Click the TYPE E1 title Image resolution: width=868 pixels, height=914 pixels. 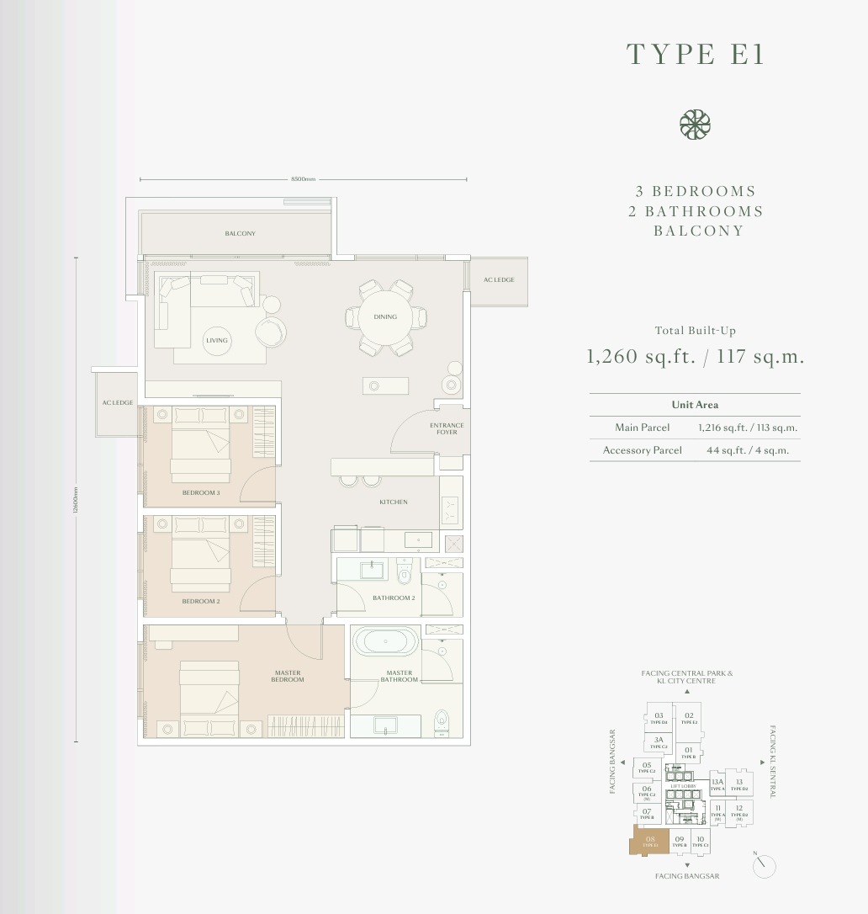click(696, 54)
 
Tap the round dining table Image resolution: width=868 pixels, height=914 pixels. click(385, 317)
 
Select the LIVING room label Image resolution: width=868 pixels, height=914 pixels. click(217, 340)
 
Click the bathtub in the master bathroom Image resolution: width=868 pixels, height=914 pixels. click(385, 641)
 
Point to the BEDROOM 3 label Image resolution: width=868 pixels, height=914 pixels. click(201, 492)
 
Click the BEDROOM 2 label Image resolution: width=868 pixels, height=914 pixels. click(201, 602)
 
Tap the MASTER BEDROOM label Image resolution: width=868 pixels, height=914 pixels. click(288, 676)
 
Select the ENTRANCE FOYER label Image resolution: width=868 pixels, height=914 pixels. click(447, 428)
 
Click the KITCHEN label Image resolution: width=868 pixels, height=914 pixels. click(393, 502)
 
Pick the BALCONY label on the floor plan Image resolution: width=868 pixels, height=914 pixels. click(240, 233)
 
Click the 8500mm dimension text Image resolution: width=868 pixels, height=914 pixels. click(303, 179)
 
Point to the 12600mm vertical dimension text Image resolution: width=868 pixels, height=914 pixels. click(76, 501)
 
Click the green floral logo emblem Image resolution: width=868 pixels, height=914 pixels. click(695, 125)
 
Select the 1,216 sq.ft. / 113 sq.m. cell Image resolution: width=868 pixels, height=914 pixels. click(748, 428)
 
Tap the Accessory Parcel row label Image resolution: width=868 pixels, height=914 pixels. click(642, 450)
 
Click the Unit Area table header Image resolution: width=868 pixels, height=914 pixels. click(695, 405)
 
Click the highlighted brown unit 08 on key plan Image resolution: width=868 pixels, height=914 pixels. click(649, 841)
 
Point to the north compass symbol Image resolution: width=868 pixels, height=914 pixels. click(765, 866)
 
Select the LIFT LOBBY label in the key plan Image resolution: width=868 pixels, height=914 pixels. click(682, 786)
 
